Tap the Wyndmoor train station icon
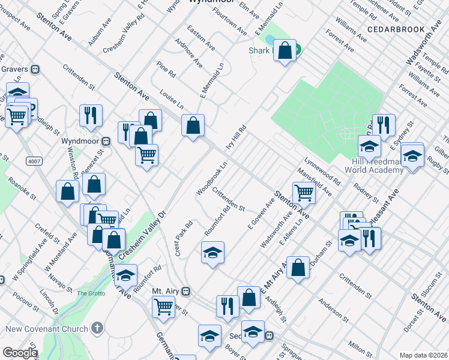coord(106,141)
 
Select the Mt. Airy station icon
coord(187,291)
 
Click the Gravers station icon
coord(35,69)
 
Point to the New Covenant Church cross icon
coord(96,329)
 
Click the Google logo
coord(19,353)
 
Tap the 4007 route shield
coord(34,161)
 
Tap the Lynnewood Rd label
coord(322,171)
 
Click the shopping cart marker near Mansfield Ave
coord(304,193)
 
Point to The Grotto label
coord(91,293)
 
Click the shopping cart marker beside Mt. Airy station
coord(164,307)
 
